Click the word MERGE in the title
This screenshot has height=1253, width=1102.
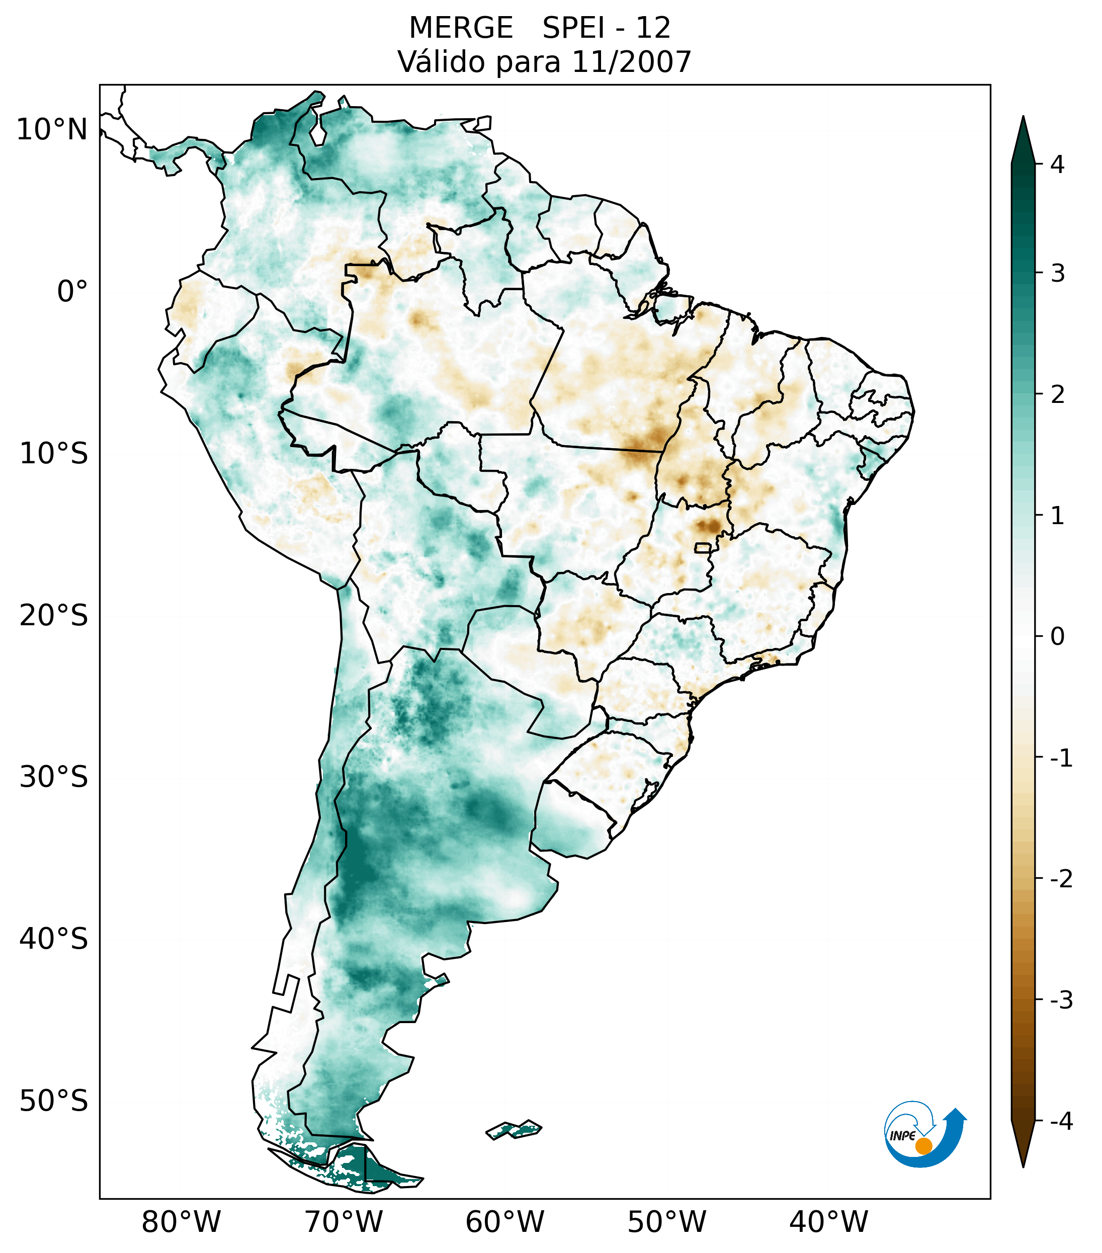point(461,28)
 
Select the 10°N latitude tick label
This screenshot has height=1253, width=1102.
point(52,130)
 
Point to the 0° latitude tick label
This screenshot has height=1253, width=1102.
point(72,292)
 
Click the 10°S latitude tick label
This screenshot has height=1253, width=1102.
point(54,454)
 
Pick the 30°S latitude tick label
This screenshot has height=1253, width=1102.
point(54,777)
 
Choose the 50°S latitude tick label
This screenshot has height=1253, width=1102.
point(54,1101)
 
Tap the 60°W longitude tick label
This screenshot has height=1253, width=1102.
point(504,1222)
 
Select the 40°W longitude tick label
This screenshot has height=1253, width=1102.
point(829,1222)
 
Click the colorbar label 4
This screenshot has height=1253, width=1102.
point(1057,164)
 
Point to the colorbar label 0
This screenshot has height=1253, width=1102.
point(1057,637)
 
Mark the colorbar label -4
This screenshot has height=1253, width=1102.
point(1061,1121)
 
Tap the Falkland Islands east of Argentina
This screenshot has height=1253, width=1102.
point(514,1129)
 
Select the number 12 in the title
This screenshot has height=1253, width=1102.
point(653,28)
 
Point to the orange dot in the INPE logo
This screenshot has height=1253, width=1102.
point(923,1146)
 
